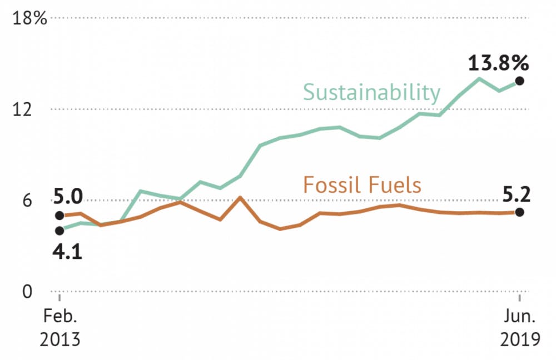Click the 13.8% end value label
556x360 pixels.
pos(498,63)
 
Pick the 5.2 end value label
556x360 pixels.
pos(517,195)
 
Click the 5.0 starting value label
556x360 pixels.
pos(68,197)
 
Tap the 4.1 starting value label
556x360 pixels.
pos(68,252)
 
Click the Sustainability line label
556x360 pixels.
pos(371,92)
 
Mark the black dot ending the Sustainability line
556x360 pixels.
pos(519,81)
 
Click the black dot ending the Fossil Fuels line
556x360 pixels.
pos(519,212)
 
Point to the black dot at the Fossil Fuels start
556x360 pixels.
pos(60,216)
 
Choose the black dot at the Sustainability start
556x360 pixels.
pos(60,231)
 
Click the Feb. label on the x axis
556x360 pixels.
pos(60,318)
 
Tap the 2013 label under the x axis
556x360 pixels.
pos(60,339)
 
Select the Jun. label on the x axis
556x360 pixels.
pos(520,318)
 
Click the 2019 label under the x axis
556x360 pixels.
pos(520,339)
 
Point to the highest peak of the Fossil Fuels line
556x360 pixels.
pos(240,197)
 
